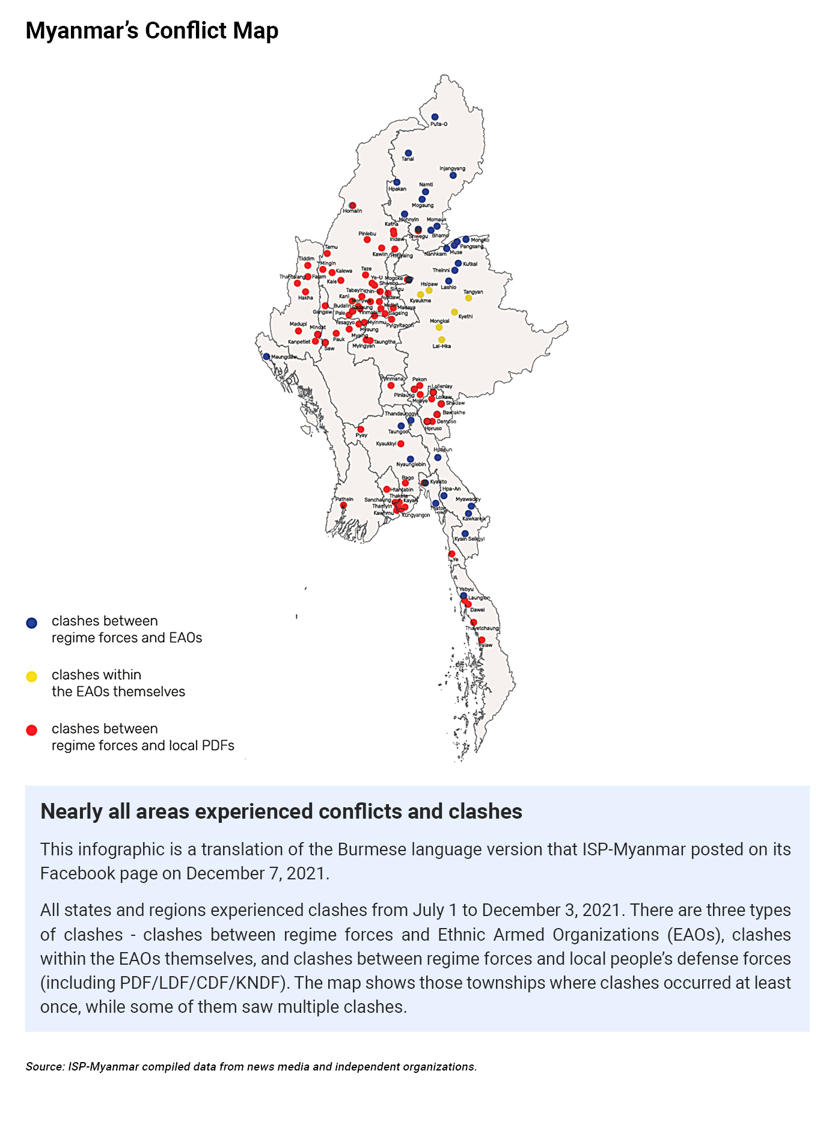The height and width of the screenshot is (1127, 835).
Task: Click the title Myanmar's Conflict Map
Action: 151,31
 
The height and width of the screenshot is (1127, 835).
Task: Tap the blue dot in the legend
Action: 32,623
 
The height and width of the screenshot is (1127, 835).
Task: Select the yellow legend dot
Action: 32,677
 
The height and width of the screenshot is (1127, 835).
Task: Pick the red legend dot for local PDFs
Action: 32,730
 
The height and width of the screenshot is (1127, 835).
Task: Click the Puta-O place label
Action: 439,124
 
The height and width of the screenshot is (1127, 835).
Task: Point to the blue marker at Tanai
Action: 408,153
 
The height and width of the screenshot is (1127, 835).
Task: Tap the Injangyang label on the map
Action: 452,168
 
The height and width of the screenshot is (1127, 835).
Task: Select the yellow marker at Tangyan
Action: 468,298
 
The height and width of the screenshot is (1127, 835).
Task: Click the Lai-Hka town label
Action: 441,346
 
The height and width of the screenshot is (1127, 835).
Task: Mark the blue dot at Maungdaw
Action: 266,356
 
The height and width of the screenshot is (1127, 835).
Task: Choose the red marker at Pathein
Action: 343,505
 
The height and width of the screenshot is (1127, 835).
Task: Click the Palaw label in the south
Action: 485,645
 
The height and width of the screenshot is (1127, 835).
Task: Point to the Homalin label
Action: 352,211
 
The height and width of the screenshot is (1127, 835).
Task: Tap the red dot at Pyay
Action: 361,429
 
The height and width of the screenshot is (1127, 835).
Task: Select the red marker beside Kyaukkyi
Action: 401,444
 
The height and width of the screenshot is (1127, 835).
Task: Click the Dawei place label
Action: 477,609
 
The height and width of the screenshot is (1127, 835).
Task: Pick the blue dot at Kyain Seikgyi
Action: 465,533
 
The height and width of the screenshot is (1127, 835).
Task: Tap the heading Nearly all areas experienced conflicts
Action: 281,811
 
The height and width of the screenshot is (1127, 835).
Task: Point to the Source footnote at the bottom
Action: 251,1067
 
